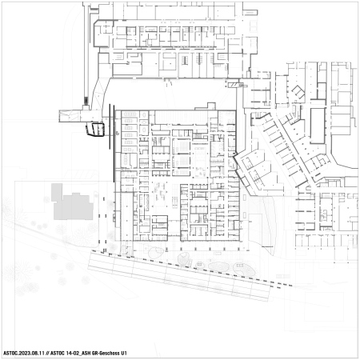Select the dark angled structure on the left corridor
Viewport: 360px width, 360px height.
(96, 128)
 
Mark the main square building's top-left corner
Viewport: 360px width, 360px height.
(118, 111)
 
